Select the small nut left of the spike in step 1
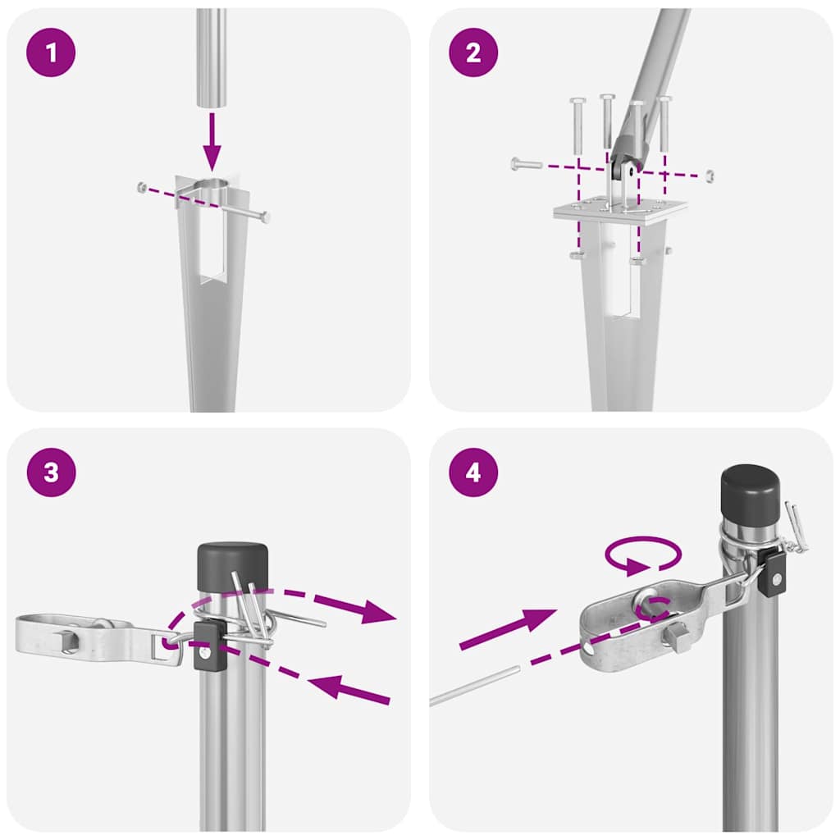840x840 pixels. pos(142,188)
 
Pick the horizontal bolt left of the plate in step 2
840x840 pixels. pos(526,164)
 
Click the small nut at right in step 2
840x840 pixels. pos(710,175)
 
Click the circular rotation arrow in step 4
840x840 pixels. pos(642,556)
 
